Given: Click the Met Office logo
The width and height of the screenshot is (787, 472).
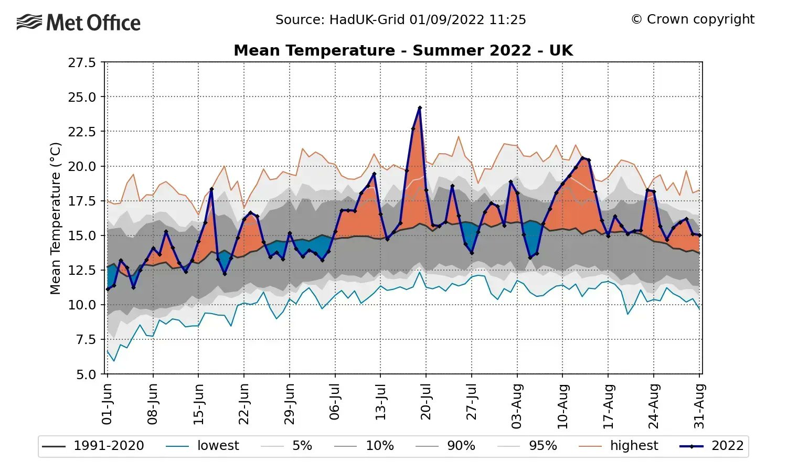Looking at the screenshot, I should pyautogui.click(x=79, y=23).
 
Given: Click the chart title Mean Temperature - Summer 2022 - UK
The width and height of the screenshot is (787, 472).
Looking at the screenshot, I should pyautogui.click(x=403, y=50).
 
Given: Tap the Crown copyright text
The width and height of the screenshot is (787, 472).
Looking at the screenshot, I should pyautogui.click(x=693, y=19).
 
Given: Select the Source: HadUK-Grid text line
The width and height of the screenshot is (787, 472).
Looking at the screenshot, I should pyautogui.click(x=400, y=20).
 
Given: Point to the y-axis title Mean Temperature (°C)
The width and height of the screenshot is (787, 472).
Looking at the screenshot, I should pyautogui.click(x=56, y=218).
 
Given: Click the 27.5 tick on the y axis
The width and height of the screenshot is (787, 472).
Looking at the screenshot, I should pyautogui.click(x=82, y=63).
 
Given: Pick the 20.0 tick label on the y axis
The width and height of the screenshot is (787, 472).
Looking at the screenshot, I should pyautogui.click(x=82, y=167).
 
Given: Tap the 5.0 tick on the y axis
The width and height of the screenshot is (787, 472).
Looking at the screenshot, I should pyautogui.click(x=86, y=374).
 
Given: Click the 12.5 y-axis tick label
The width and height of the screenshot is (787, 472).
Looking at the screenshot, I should pyautogui.click(x=82, y=271).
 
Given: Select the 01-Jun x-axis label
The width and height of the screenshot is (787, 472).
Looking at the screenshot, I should pyautogui.click(x=107, y=404).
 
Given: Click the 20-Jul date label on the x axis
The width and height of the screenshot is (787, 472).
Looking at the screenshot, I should pyautogui.click(x=426, y=402).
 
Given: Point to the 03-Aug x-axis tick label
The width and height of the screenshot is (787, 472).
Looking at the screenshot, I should pyautogui.click(x=517, y=406).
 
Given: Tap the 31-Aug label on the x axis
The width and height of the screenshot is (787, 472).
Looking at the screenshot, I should pyautogui.click(x=699, y=406).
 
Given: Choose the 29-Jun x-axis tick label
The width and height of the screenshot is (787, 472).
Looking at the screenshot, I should pyautogui.click(x=289, y=404).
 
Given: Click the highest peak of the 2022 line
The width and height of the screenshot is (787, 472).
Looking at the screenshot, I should pyautogui.click(x=420, y=108).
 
